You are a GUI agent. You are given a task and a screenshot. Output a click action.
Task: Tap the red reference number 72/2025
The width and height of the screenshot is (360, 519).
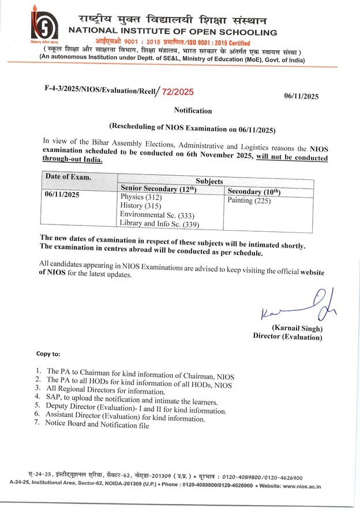[178, 91]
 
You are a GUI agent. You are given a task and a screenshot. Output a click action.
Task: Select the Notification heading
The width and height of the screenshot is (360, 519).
[193, 110]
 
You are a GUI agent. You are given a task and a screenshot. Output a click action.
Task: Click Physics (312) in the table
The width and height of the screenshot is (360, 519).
[141, 197]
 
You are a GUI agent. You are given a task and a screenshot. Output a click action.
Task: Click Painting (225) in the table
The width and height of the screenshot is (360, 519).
[249, 201]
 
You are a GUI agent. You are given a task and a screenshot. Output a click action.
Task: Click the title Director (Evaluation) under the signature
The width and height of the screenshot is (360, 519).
[288, 337]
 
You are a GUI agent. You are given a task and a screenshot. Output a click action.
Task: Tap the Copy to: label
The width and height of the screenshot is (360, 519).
[48, 353]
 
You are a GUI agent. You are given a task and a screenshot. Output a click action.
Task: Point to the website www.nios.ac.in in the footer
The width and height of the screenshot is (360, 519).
[299, 487]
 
